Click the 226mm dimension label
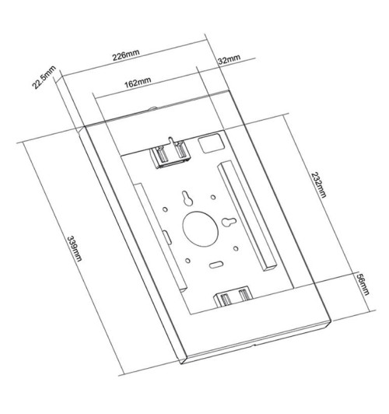coord(126,55)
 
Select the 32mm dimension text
coord(229,60)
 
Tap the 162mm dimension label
coord(138,82)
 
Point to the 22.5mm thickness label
coord(44,77)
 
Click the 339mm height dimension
coord(75,248)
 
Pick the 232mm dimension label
coord(319,184)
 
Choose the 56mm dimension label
coord(363,284)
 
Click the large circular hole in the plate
coord(201,229)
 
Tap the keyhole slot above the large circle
coord(187,198)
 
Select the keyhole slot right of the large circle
coord(229,222)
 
